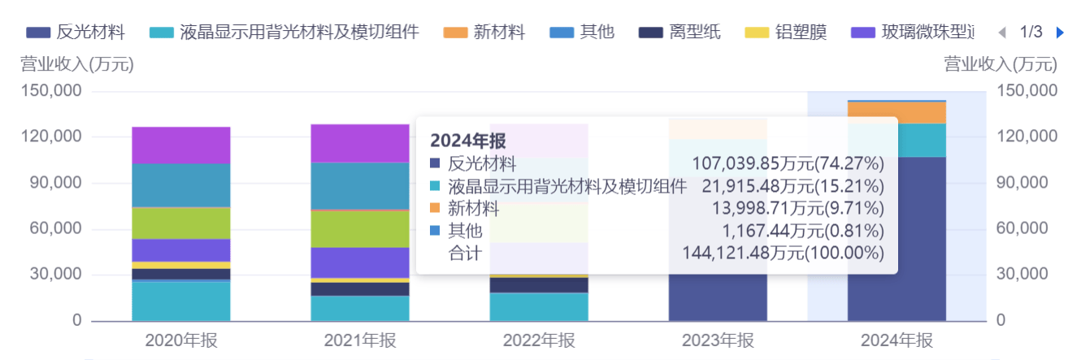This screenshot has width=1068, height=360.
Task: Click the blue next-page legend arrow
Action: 1059,33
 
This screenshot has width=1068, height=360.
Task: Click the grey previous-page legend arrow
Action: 1001,33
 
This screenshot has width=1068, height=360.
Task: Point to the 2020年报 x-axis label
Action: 181,340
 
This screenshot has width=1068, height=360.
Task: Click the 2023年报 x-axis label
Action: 718,340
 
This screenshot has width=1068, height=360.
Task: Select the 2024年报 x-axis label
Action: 897,340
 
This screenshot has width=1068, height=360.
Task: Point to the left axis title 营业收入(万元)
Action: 77,64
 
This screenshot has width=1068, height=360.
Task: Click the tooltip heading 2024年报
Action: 468,140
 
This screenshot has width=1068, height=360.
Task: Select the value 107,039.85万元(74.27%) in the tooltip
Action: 788,164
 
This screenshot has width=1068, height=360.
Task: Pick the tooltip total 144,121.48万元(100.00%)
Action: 784,254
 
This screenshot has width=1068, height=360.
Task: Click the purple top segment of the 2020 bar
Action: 181,145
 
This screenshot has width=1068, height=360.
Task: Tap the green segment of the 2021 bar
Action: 360,228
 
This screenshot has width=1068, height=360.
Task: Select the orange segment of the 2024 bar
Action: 897,112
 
